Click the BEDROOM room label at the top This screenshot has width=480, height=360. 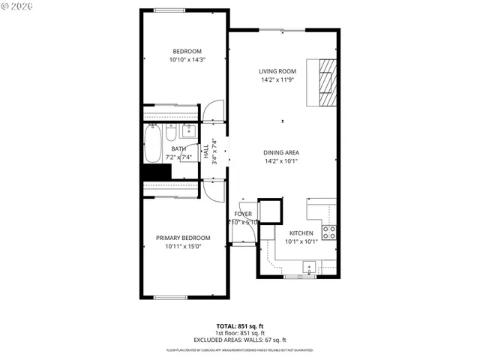187,51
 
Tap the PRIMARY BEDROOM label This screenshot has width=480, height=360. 183,238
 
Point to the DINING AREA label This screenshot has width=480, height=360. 281,152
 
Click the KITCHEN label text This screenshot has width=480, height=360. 301,233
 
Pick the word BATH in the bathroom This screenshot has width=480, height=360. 178,148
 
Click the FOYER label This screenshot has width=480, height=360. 243,214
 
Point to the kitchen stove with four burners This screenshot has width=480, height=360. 328,231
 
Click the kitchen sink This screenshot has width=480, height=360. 308,266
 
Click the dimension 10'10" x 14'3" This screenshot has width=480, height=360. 187,59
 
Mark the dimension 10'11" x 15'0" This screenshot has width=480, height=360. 183,246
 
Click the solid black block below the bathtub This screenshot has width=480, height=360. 157,172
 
